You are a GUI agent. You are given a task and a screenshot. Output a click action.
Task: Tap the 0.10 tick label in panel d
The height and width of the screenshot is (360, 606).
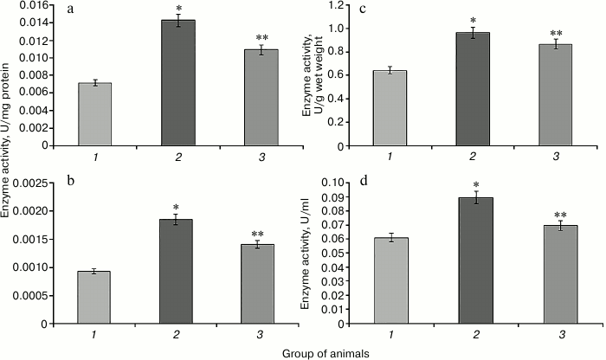click(355, 183)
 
